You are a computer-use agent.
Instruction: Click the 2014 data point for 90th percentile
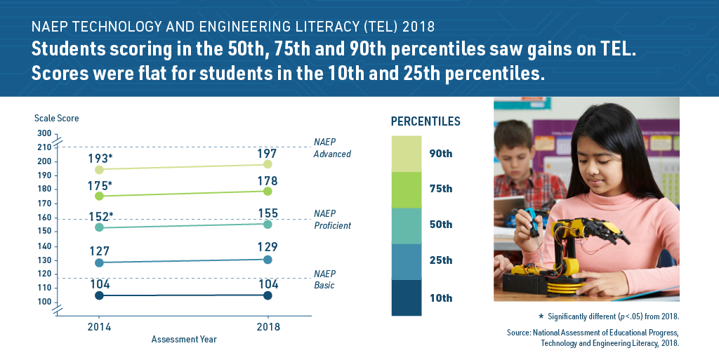click(99, 169)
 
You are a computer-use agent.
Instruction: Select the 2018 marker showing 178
click(268, 191)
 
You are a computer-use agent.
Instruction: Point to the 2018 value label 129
click(268, 247)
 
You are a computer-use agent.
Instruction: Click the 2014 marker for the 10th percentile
click(99, 295)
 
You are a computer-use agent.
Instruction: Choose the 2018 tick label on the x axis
click(268, 327)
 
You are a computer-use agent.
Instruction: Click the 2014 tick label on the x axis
click(99, 327)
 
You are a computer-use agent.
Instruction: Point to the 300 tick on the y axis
click(44, 133)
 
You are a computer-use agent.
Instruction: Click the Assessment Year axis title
click(184, 340)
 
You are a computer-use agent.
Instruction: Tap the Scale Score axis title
click(56, 118)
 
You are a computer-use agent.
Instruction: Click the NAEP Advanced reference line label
click(331, 148)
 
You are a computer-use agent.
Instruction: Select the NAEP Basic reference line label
click(324, 279)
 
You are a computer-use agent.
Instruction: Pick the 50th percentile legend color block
click(407, 225)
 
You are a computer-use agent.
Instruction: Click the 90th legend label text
click(441, 153)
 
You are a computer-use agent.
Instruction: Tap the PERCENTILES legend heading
click(426, 121)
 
